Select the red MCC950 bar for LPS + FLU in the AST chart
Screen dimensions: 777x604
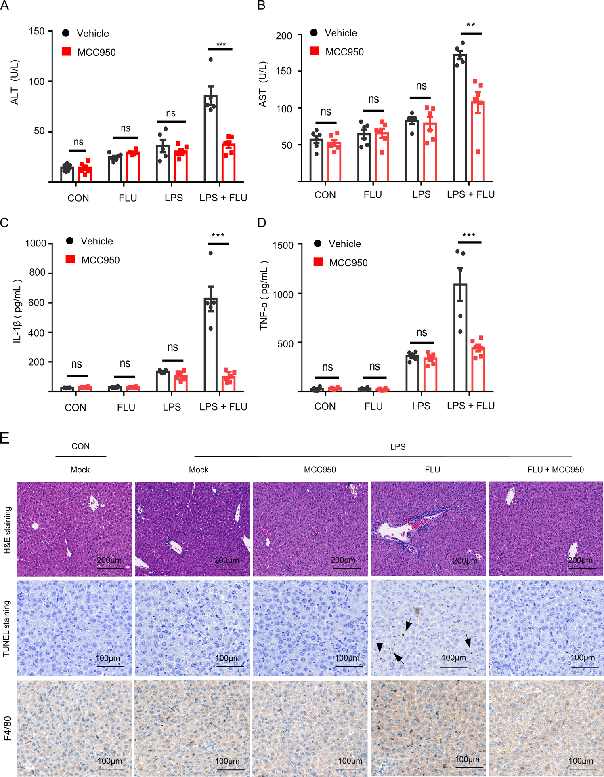pyautogui.click(x=478, y=141)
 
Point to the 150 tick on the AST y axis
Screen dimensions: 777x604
pyautogui.click(x=283, y=71)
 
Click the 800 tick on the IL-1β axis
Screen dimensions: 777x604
pyautogui.click(x=37, y=273)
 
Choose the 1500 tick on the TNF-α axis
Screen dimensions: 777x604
pyautogui.click(x=283, y=245)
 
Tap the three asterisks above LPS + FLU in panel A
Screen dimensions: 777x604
pyautogui.click(x=221, y=44)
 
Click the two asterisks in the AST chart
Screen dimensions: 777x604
pyautogui.click(x=470, y=25)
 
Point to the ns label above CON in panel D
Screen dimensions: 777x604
pyautogui.click(x=327, y=367)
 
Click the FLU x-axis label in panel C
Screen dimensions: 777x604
pyautogui.click(x=126, y=407)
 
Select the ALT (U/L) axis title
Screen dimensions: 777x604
pyautogui.click(x=15, y=83)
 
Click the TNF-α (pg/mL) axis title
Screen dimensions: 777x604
pyautogui.click(x=264, y=295)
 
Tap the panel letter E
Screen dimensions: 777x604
pyautogui.click(x=5, y=438)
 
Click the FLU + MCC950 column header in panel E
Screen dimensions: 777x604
pyautogui.click(x=555, y=470)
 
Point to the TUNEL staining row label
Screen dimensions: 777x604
pyautogui.click(x=6, y=628)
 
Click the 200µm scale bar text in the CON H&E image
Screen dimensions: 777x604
pyautogui.click(x=109, y=560)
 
